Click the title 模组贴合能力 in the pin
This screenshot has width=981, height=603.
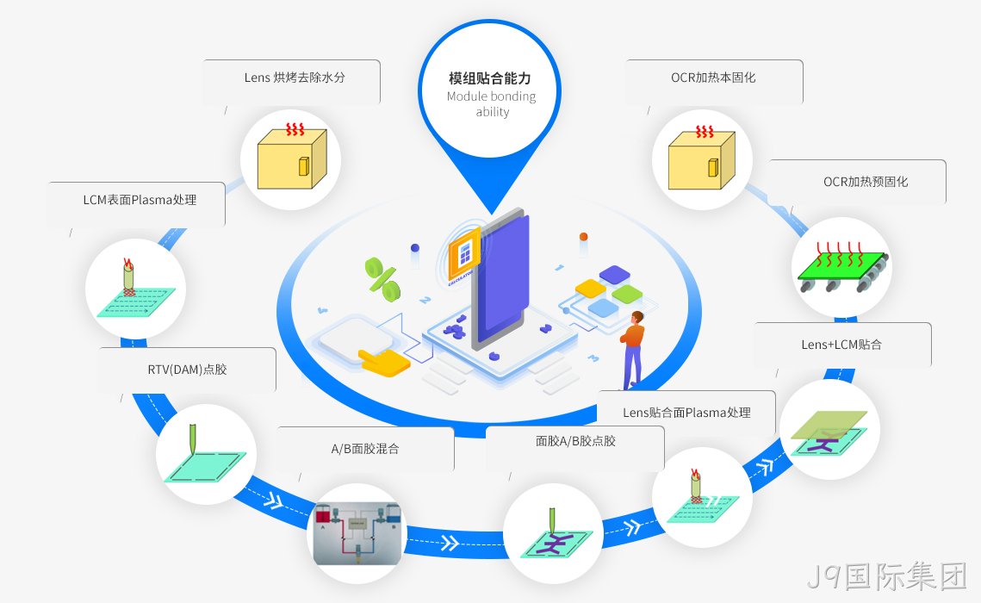(x=490, y=78)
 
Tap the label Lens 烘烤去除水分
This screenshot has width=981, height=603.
(x=295, y=78)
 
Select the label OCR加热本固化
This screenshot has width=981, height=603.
(x=713, y=78)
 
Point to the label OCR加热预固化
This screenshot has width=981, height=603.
(x=866, y=182)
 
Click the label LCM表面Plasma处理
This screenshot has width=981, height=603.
(x=140, y=200)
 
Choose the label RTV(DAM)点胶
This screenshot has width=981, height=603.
(x=187, y=369)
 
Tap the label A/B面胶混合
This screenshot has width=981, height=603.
(x=364, y=449)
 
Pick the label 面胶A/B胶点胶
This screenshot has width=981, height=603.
(x=575, y=441)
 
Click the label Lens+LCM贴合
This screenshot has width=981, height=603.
(x=841, y=345)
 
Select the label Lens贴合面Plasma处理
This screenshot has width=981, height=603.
(x=686, y=413)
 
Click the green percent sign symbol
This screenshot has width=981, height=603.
(x=382, y=279)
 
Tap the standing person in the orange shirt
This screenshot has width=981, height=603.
(x=632, y=350)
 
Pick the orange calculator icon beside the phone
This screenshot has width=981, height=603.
(x=464, y=255)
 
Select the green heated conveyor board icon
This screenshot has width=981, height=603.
(x=842, y=269)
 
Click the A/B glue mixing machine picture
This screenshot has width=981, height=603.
(x=357, y=533)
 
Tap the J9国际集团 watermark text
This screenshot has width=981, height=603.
(x=886, y=576)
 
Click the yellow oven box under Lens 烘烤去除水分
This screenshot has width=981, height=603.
(x=292, y=159)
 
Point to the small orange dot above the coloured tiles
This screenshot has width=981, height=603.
(x=583, y=236)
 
